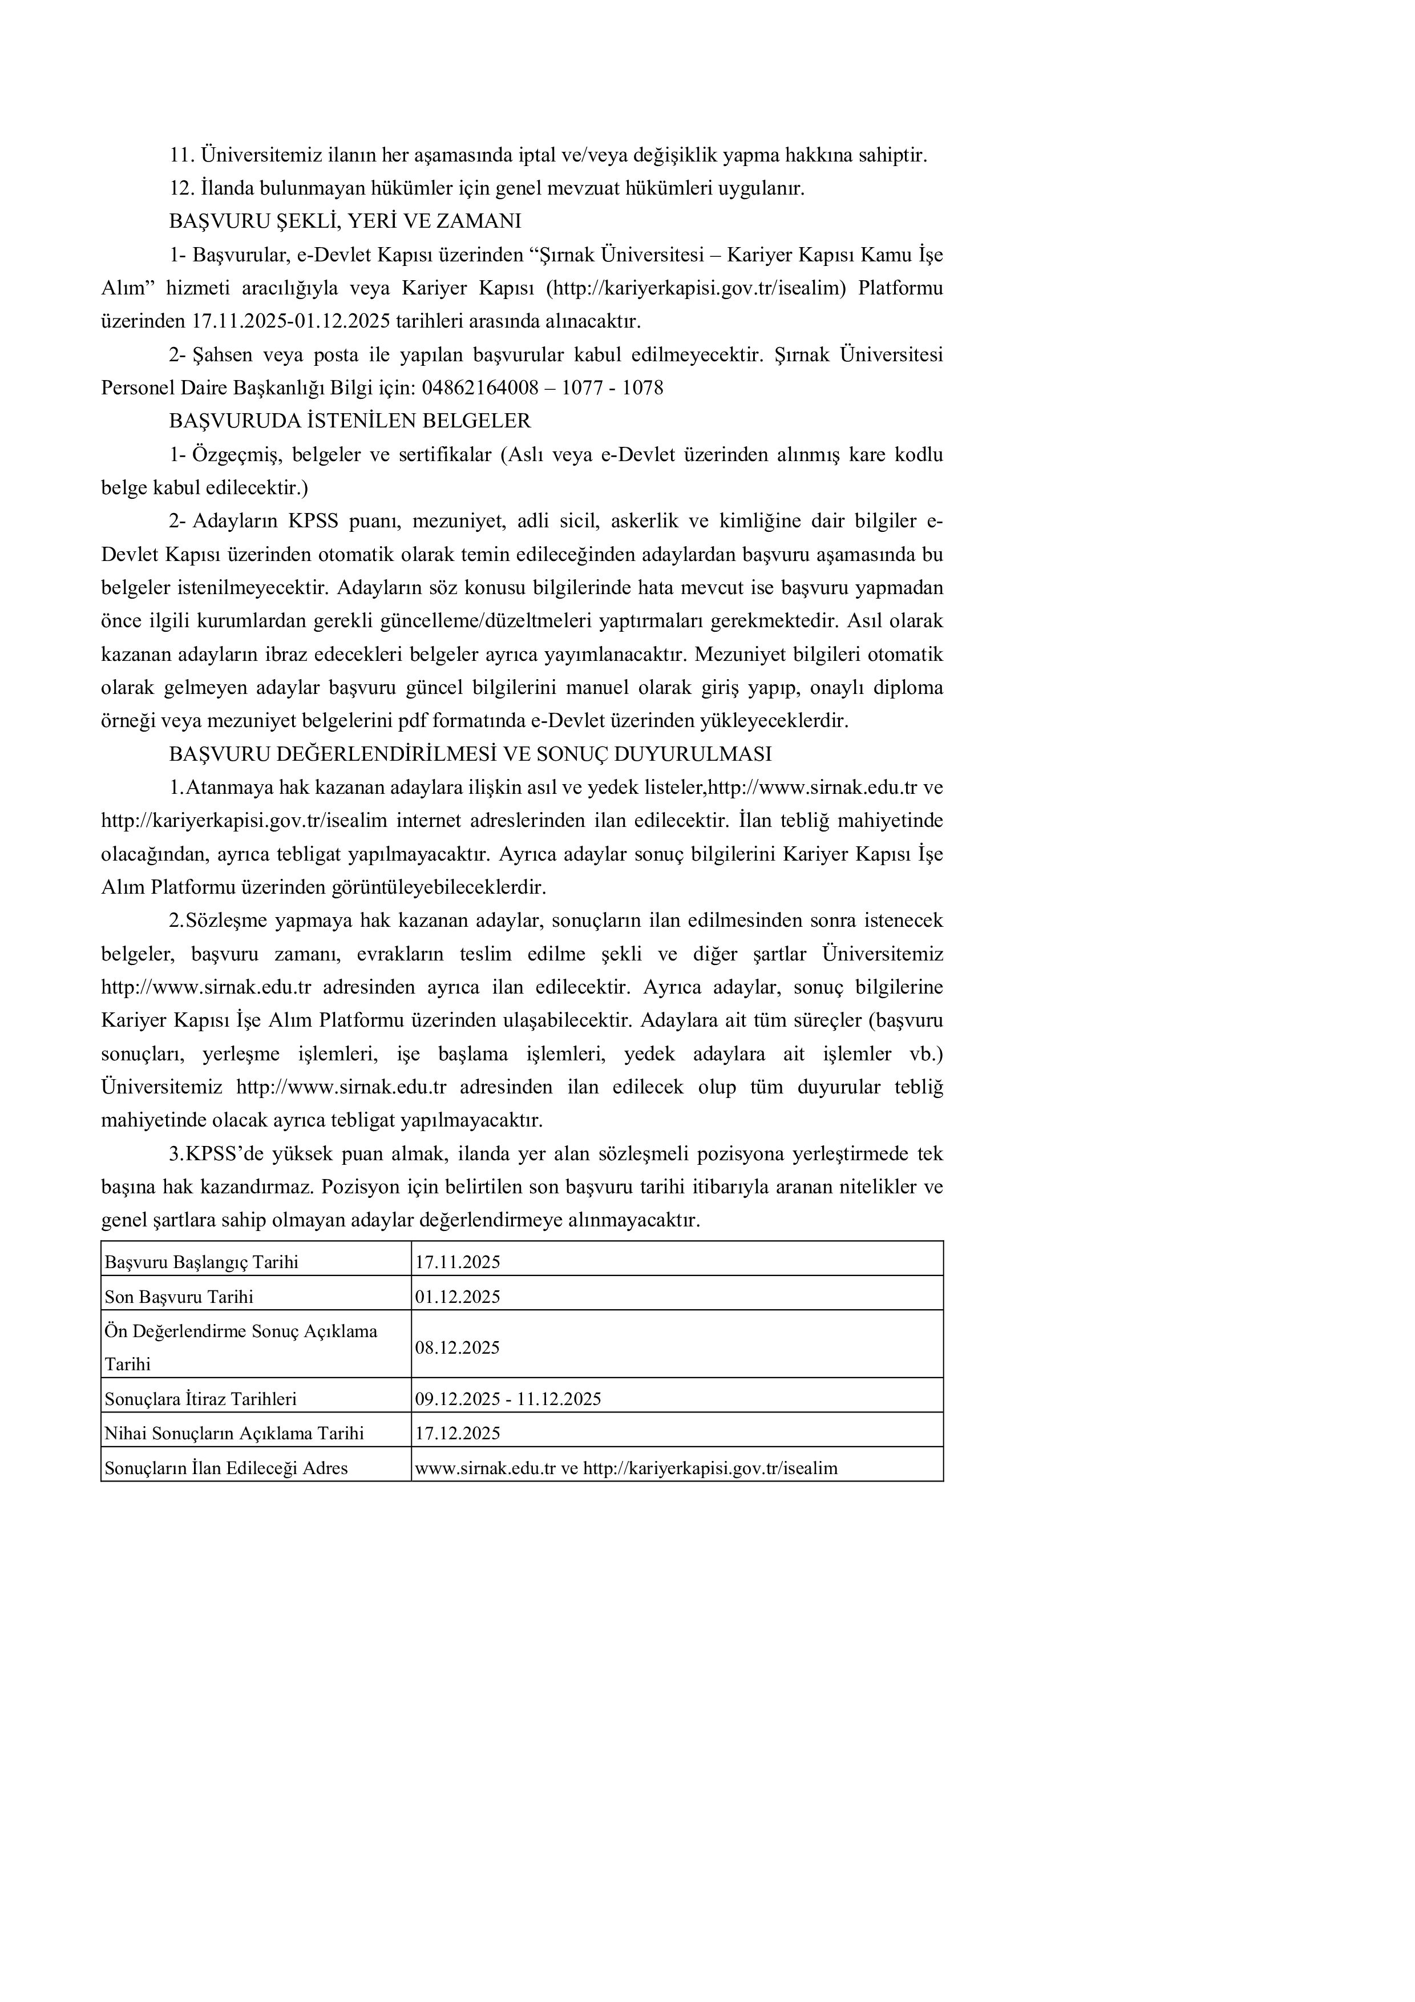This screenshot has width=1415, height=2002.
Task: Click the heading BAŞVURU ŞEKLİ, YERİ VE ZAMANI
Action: [345, 221]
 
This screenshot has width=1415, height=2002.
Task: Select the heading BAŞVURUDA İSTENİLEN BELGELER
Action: [350, 421]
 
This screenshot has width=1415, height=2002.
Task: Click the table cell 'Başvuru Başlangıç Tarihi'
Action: [201, 1262]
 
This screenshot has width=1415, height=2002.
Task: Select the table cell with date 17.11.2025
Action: [458, 1262]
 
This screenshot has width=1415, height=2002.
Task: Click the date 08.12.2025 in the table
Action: [458, 1348]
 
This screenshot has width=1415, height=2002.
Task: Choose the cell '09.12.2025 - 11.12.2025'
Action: [508, 1399]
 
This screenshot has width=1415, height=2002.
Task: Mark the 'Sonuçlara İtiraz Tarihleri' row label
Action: [200, 1399]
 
